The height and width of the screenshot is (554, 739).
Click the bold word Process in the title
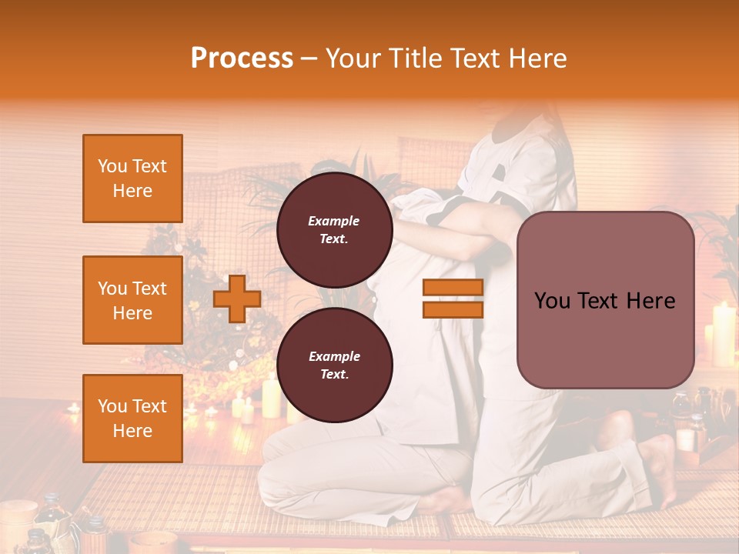pos(242,58)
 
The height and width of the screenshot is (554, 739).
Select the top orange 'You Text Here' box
pos(132,179)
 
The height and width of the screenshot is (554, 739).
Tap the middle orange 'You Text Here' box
pos(132,300)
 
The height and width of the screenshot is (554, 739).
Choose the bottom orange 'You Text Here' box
pos(132,419)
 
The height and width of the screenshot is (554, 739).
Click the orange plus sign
pos(236,299)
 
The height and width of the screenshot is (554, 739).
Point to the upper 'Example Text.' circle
pos(334,230)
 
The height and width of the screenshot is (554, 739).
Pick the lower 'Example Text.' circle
pos(334,365)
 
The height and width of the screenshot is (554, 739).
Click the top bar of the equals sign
pos(453,287)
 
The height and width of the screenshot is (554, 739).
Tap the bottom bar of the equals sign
pos(453,309)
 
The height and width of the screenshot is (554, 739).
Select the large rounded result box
pos(605,300)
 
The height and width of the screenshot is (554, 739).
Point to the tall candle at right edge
pos(723,334)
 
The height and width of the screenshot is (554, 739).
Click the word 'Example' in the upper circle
pos(334,221)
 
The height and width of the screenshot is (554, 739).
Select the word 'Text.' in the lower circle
pos(334,375)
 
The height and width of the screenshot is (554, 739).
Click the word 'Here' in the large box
pos(649,301)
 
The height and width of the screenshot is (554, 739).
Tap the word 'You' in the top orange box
pos(112,166)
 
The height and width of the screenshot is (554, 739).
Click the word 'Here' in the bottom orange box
pos(132,431)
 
